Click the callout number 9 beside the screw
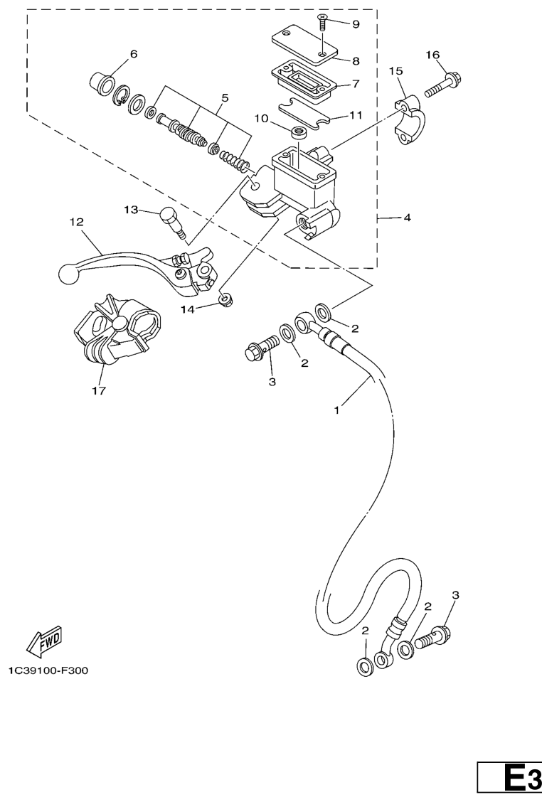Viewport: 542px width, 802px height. (356, 24)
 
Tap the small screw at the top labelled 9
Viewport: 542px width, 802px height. (322, 23)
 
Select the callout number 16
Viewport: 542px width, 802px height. (432, 55)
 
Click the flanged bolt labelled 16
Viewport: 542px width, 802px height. (444, 86)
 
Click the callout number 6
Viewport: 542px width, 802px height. (134, 54)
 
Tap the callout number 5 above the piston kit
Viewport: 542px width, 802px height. (225, 97)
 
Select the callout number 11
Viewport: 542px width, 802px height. (356, 115)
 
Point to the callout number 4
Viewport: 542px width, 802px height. (407, 218)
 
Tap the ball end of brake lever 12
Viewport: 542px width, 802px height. (67, 274)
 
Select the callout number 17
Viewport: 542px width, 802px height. (99, 391)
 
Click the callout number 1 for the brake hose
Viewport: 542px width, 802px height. (336, 410)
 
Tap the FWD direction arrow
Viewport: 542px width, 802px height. (44, 643)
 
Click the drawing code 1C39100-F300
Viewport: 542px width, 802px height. (48, 670)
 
